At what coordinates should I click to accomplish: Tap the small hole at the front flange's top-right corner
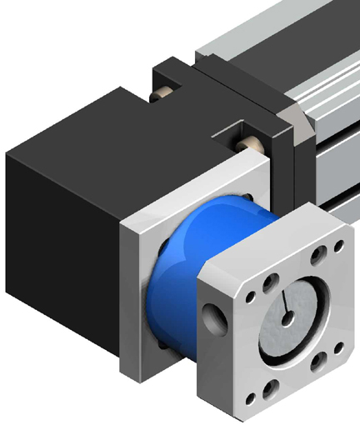[x=337, y=246]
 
